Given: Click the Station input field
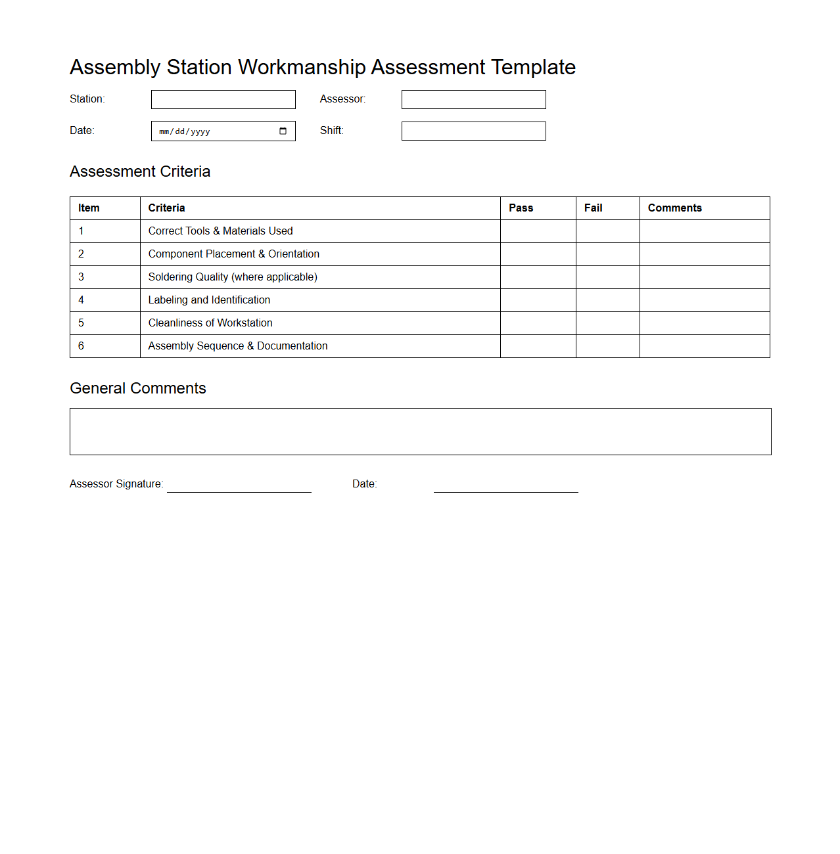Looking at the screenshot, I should pyautogui.click(x=223, y=99).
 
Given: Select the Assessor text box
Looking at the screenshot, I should pyautogui.click(x=473, y=99).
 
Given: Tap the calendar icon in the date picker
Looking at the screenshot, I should pyautogui.click(x=283, y=131).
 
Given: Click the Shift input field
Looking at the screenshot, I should pyautogui.click(x=473, y=131).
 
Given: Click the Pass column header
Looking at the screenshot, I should pyautogui.click(x=521, y=208).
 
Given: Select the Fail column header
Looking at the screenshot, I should pyautogui.click(x=593, y=208).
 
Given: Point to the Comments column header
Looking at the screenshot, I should pyautogui.click(x=674, y=208).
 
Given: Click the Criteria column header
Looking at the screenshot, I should pyautogui.click(x=166, y=208).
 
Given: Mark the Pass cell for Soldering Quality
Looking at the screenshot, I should pyautogui.click(x=538, y=277).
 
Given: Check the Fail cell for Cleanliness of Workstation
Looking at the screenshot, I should pyautogui.click(x=607, y=323).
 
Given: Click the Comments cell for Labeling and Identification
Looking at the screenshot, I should pyautogui.click(x=704, y=300).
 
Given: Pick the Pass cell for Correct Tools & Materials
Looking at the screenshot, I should pyautogui.click(x=538, y=231).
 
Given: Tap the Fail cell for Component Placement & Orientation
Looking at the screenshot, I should pyautogui.click(x=607, y=254).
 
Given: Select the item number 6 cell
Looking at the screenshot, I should pyautogui.click(x=105, y=346).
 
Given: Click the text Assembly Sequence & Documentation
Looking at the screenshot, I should pyautogui.click(x=237, y=346).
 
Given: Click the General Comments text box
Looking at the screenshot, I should pyautogui.click(x=420, y=432).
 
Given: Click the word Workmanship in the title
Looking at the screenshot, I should pyautogui.click(x=302, y=67).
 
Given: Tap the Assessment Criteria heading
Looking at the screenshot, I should pyautogui.click(x=140, y=171).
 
